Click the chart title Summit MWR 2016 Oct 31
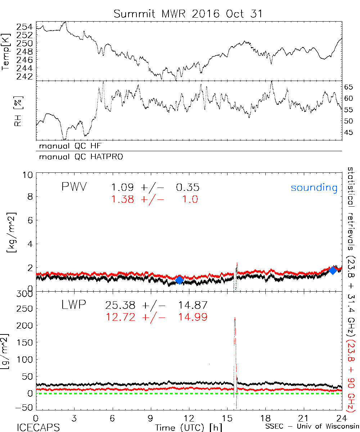[x=188, y=14]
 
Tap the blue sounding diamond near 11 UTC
[x=179, y=280]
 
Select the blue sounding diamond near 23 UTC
[x=333, y=270]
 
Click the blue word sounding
[x=314, y=188]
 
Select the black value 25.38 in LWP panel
[x=120, y=306]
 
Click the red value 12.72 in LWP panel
[x=120, y=317]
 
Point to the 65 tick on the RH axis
[x=350, y=87]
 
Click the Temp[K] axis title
[x=6, y=52]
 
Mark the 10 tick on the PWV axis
[x=28, y=175]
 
